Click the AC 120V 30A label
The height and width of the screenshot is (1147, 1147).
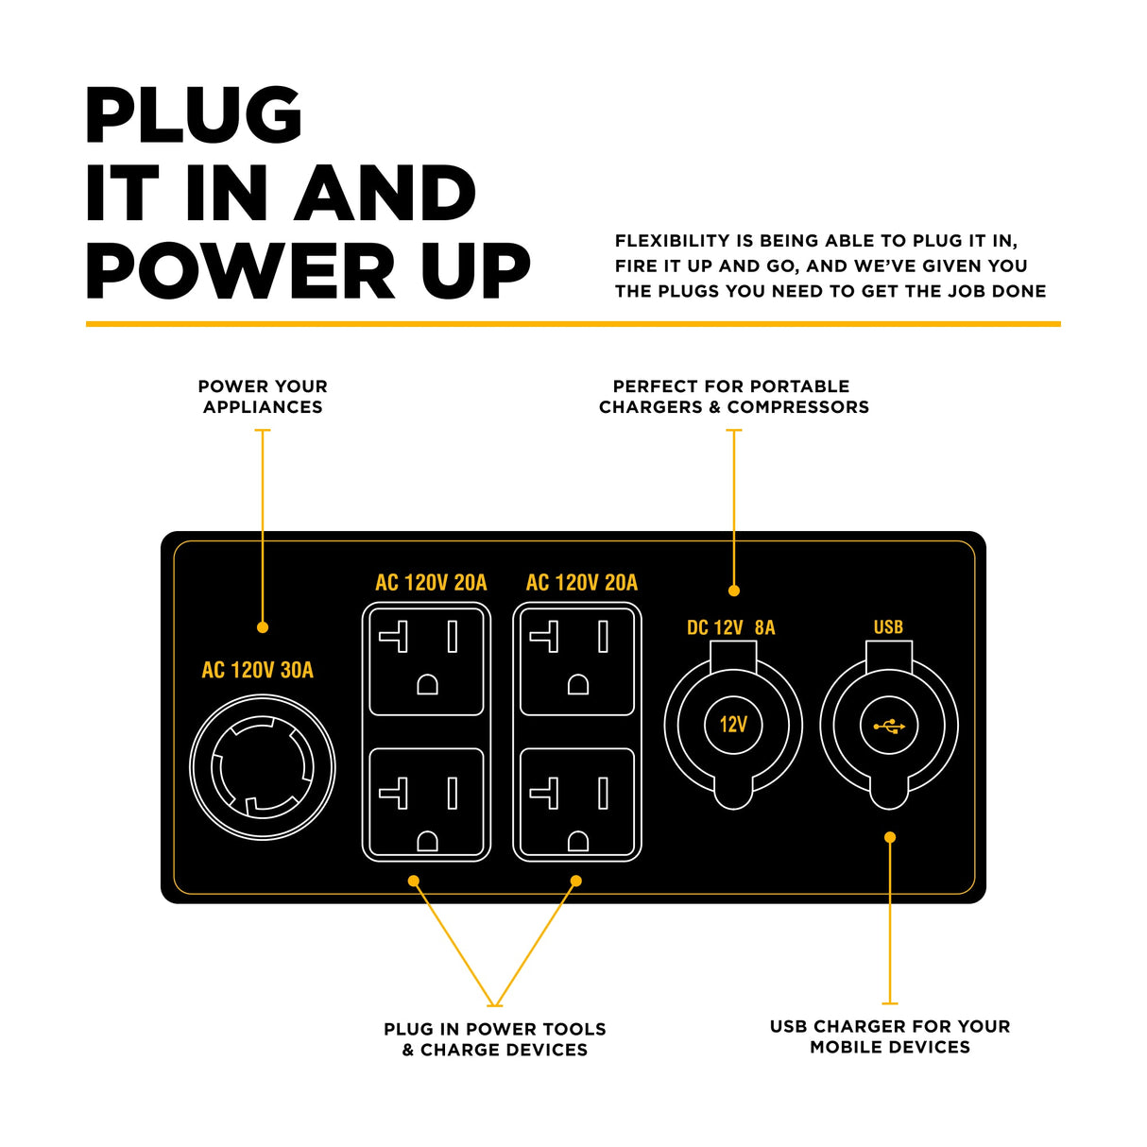pyautogui.click(x=257, y=670)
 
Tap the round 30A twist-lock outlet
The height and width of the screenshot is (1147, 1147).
pyautogui.click(x=263, y=766)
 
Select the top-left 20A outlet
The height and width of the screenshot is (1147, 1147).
pyautogui.click(x=426, y=661)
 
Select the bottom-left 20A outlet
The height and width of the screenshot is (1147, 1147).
pyautogui.click(x=426, y=802)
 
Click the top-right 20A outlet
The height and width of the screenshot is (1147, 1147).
pyautogui.click(x=577, y=661)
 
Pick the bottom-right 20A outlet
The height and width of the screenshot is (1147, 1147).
pyautogui.click(x=577, y=802)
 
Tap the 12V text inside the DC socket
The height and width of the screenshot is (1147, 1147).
pyautogui.click(x=733, y=725)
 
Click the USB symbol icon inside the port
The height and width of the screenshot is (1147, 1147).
pyautogui.click(x=889, y=726)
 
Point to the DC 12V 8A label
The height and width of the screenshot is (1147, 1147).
pyautogui.click(x=730, y=627)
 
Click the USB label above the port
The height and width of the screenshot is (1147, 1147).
pyautogui.click(x=888, y=627)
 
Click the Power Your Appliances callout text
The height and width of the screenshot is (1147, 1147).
pyautogui.click(x=263, y=397)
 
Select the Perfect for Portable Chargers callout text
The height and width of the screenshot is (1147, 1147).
pyautogui.click(x=733, y=397)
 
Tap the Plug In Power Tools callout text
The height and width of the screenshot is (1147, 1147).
pyautogui.click(x=495, y=1039)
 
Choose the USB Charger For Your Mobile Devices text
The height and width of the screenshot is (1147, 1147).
pyautogui.click(x=890, y=1036)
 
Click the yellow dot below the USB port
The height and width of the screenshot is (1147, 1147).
pyautogui.click(x=890, y=837)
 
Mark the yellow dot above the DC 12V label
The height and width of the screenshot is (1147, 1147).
pyautogui.click(x=734, y=591)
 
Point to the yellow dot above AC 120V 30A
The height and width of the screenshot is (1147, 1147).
pyautogui.click(x=263, y=627)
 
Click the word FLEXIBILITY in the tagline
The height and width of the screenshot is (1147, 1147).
pyautogui.click(x=672, y=241)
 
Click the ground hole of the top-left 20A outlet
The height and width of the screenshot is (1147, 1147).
pyautogui.click(x=427, y=684)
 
